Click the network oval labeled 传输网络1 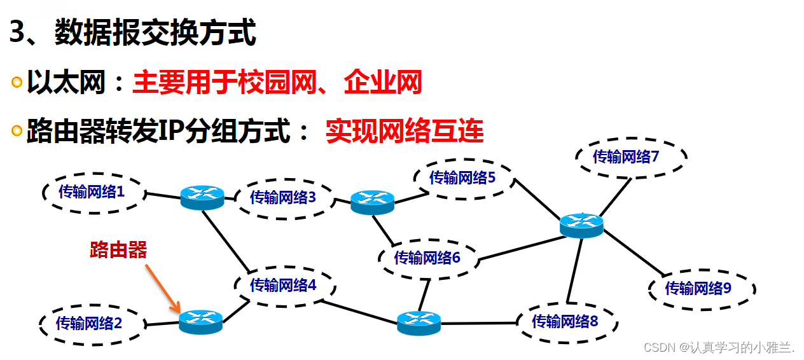coord(92,191)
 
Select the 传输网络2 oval coord(89,323)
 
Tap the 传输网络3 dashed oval coord(283,198)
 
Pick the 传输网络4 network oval coord(283,286)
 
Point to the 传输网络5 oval coord(462,178)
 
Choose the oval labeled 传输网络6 coord(427,258)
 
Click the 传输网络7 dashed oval coord(631,156)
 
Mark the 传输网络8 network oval coord(565,321)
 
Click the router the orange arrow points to coord(201,322)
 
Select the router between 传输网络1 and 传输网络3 coord(202,197)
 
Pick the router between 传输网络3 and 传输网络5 coord(373,202)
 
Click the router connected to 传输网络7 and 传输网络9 coord(581,225)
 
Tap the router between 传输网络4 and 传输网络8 coord(419,322)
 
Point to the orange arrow coord(162,288)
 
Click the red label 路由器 coord(118,250)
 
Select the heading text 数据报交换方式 coord(156,33)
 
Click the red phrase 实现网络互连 coord(405,132)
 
